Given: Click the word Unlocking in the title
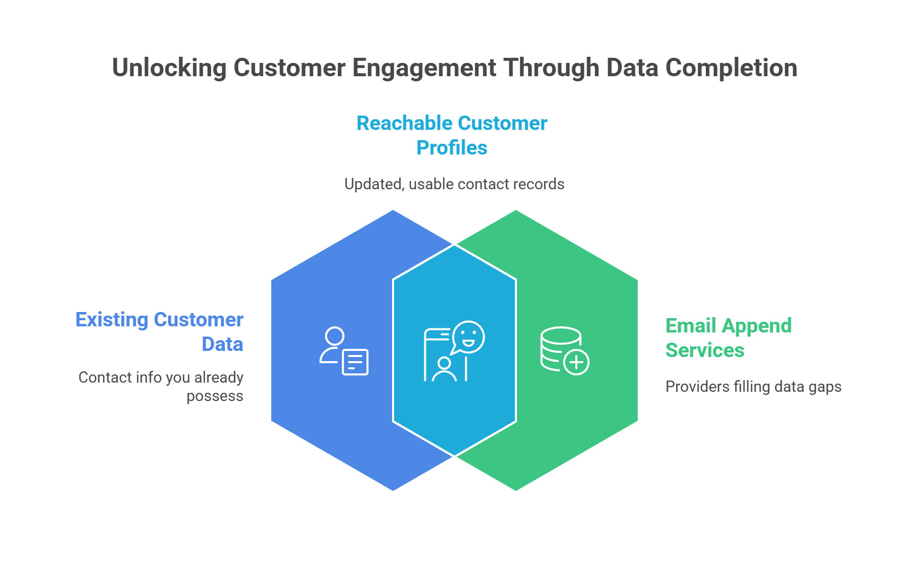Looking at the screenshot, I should [169, 68].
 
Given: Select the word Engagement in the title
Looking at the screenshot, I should [424, 68].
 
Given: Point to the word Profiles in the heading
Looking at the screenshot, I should [451, 148].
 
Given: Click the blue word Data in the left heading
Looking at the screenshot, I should [222, 344].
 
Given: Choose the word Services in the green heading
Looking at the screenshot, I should [705, 350].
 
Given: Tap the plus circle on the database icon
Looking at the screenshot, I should [576, 362].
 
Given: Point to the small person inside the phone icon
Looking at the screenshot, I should [444, 369].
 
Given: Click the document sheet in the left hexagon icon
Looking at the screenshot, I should [355, 362].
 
